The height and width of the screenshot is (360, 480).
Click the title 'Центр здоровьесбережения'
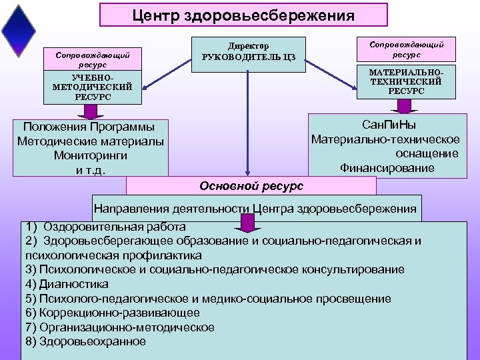tap(243, 14)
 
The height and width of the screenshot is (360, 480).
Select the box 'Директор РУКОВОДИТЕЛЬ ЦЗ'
tap(248, 52)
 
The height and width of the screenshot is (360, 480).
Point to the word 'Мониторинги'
tap(90, 155)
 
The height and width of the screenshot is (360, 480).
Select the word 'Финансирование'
tap(387, 168)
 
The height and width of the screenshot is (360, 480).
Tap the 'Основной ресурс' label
tap(251, 185)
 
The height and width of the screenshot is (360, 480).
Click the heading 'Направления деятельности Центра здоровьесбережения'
tap(255, 209)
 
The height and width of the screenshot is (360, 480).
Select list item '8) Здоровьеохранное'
tap(85, 341)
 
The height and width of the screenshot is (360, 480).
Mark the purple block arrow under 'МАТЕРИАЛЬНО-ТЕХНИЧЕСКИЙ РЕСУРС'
tap(404, 107)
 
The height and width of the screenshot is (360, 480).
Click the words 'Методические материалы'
tap(90, 141)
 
